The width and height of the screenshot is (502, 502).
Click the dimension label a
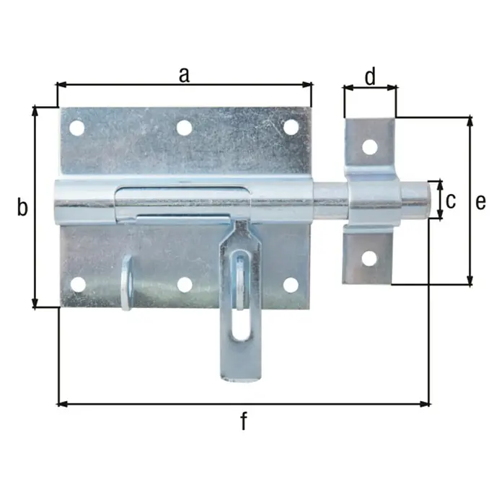pos(184,76)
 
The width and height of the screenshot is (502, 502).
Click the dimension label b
pos(22,207)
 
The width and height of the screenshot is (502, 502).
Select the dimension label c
pos(451,201)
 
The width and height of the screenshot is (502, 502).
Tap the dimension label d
pos(370,76)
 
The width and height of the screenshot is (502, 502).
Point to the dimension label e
pos(480,203)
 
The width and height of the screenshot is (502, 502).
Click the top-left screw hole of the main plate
pos(77,128)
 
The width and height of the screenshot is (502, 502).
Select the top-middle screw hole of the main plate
pos(185,128)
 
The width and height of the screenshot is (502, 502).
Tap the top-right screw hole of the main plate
pos(291,127)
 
